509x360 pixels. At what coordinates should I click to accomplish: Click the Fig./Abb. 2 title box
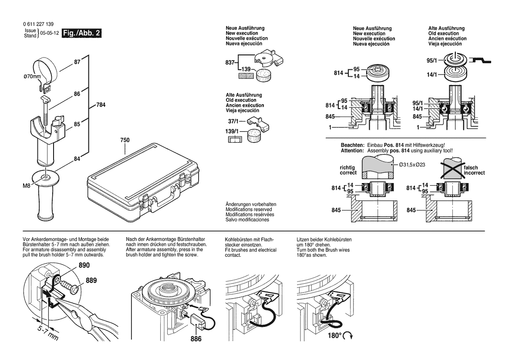[81, 33]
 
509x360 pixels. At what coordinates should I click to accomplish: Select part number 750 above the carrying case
[125, 140]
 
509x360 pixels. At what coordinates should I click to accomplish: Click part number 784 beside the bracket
[101, 105]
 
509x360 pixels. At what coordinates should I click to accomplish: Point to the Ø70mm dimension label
[32, 77]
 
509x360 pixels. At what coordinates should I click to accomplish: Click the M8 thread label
[26, 186]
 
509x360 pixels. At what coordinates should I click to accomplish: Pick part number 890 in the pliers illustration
[84, 265]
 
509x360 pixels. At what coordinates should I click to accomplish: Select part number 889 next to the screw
[91, 280]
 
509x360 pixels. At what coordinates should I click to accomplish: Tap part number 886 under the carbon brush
[196, 339]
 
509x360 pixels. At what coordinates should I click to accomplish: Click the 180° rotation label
[334, 335]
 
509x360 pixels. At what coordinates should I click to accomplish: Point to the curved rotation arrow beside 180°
[348, 336]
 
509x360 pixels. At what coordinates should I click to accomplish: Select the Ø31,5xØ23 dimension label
[412, 165]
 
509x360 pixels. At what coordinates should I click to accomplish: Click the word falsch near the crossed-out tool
[471, 168]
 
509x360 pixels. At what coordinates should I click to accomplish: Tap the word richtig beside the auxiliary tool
[347, 168]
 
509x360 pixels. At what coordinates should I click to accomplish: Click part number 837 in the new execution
[230, 62]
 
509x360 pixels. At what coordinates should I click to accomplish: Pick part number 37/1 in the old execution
[233, 121]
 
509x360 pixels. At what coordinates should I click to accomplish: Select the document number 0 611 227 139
[38, 24]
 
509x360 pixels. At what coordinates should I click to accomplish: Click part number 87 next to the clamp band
[77, 62]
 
